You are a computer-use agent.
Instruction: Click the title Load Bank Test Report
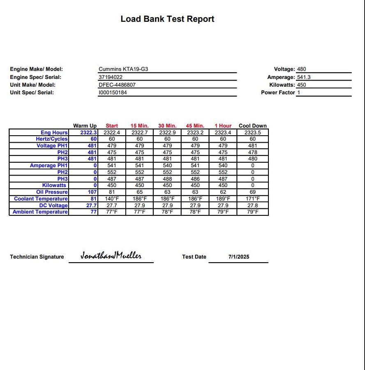pyautogui.click(x=167, y=19)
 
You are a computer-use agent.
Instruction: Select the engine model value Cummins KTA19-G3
pyautogui.click(x=123, y=69)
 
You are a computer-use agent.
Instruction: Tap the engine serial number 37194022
pyautogui.click(x=111, y=77)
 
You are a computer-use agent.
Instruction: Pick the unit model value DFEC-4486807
pyautogui.click(x=117, y=85)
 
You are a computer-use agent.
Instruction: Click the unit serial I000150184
pyautogui.click(x=113, y=93)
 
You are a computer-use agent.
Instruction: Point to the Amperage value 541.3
pyautogui.click(x=304, y=77)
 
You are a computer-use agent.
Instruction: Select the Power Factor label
pyautogui.click(x=278, y=93)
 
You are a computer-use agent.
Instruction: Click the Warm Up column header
pyautogui.click(x=85, y=126)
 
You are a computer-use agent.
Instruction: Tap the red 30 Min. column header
pyautogui.click(x=167, y=126)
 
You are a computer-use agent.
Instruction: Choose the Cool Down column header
pyautogui.click(x=252, y=126)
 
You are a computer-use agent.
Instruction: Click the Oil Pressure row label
pyautogui.click(x=52, y=192)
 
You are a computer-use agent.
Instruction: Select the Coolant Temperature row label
pyautogui.click(x=41, y=199)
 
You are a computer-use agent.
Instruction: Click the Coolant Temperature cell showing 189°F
pyautogui.click(x=223, y=199)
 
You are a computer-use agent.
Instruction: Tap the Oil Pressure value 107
pyautogui.click(x=92, y=192)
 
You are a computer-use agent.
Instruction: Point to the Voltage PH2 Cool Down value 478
pyautogui.click(x=253, y=152)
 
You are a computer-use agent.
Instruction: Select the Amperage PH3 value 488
pyautogui.click(x=167, y=179)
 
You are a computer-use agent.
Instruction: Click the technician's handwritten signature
pyautogui.click(x=111, y=256)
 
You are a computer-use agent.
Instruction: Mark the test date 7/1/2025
pyautogui.click(x=239, y=257)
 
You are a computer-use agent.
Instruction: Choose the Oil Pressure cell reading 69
pyautogui.click(x=253, y=192)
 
